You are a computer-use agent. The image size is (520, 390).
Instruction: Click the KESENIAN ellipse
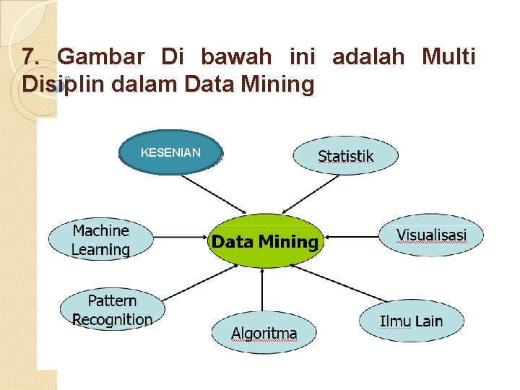[170, 152]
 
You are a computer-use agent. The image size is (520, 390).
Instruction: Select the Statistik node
[345, 155]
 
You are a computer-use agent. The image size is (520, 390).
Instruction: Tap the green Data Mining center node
[264, 241]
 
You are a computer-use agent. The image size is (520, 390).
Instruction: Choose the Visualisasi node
[431, 235]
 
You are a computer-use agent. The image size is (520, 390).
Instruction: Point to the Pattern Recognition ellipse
[112, 310]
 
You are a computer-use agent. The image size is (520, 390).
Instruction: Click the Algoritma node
[264, 333]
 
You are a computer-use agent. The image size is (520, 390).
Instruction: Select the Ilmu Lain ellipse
[412, 321]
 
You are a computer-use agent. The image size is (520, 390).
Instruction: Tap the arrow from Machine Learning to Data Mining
[181, 236]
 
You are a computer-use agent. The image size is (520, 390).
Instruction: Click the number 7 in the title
[28, 57]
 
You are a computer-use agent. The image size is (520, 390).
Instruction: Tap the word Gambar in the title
[101, 57]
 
